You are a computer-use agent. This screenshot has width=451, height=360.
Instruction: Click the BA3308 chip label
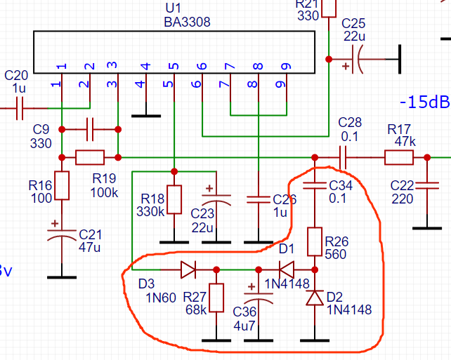tap(187, 22)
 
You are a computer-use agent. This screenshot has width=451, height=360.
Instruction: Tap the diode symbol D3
tap(188, 269)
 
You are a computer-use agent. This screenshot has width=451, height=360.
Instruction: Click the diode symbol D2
tap(315, 299)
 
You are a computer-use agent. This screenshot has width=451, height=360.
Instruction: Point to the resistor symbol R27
tap(216, 298)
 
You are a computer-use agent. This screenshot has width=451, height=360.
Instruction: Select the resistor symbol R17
tap(398, 157)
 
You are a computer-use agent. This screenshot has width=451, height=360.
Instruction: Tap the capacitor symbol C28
tap(344, 157)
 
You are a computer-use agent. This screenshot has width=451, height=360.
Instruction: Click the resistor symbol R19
tap(90, 157)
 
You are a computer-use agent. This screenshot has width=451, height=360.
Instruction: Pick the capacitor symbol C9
tap(90, 129)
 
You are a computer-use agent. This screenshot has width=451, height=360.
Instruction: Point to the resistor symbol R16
tap(62, 186)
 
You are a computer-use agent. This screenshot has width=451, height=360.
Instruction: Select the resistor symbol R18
tap(174, 199)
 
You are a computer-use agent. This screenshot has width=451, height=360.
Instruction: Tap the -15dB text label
tap(424, 102)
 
